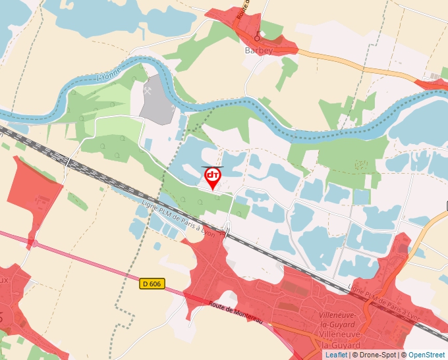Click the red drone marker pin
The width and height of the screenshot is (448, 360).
[213, 176]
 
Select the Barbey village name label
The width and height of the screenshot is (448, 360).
[259, 50]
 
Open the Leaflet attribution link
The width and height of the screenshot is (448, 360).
[336, 355]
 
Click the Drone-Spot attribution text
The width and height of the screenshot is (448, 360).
[376, 355]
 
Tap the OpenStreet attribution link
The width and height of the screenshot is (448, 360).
[426, 355]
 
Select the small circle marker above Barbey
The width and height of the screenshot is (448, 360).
[257, 38]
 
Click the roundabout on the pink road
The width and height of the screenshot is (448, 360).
[31, 244]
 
